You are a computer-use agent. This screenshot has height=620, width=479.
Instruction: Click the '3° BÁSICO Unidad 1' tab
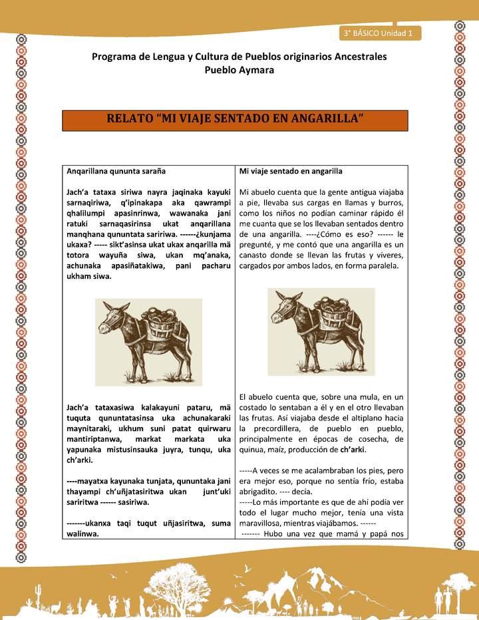[x=378, y=33]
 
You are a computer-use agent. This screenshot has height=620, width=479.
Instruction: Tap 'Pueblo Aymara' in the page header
[x=239, y=70]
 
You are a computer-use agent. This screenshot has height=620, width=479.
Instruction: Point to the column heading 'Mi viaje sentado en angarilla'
[x=291, y=171]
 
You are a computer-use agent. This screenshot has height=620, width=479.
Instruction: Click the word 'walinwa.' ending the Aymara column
[x=83, y=534]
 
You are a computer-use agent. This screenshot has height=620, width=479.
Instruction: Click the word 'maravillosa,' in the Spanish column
[x=265, y=523]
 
